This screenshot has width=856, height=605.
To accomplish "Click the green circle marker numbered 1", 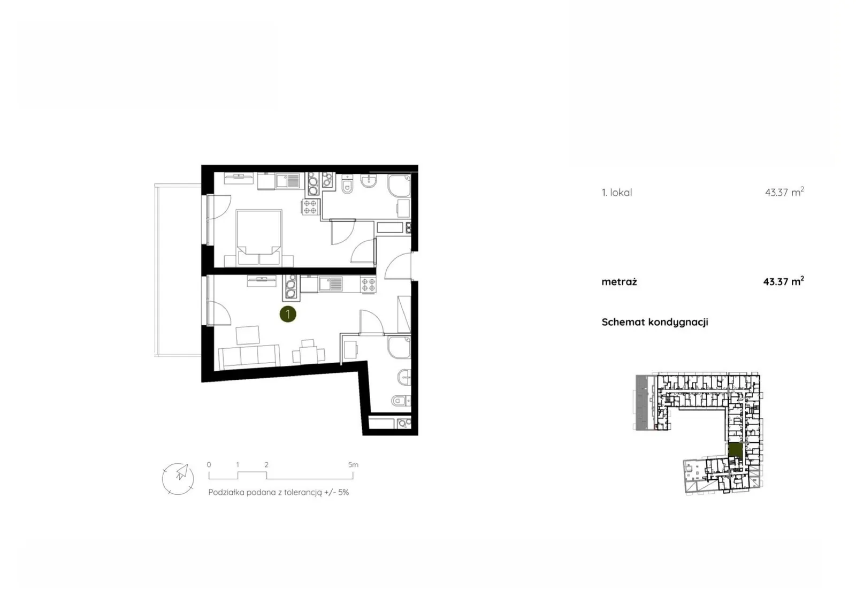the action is click(x=288, y=314).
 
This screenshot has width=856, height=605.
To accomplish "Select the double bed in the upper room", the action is click(x=259, y=237).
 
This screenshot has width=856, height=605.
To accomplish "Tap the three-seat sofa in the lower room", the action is click(x=249, y=357).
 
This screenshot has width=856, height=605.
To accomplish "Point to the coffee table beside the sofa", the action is click(x=248, y=335).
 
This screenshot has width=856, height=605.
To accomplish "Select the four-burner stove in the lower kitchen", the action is click(x=368, y=285).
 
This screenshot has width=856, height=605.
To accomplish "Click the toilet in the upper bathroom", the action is click(x=347, y=186).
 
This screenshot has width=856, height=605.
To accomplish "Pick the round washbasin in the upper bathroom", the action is click(x=369, y=181).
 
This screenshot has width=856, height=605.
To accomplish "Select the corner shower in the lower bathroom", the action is click(x=399, y=347).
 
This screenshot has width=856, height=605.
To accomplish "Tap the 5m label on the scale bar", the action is click(x=353, y=465).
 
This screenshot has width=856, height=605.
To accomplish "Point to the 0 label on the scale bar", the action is click(x=209, y=465).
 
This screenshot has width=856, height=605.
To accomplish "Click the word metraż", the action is click(x=619, y=282).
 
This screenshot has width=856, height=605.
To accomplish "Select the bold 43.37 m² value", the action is click(x=783, y=281).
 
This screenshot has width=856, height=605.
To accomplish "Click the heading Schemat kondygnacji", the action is click(x=655, y=322).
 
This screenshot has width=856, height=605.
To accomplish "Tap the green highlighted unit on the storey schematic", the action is click(x=735, y=450).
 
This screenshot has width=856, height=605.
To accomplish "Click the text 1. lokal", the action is click(x=617, y=193).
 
